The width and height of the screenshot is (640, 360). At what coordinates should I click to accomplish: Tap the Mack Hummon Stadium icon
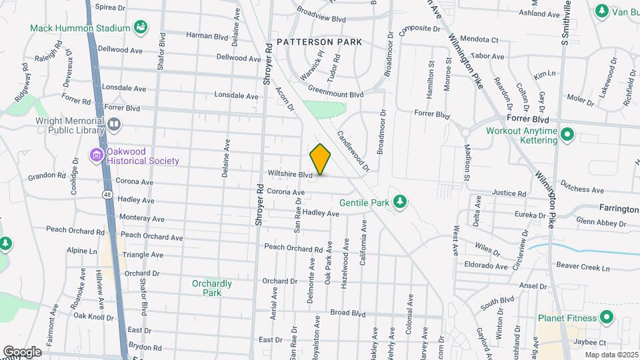(141, 27)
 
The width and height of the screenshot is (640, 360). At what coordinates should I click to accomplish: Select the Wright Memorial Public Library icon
(114, 124)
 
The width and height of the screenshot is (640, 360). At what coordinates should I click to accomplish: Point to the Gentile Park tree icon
(399, 201)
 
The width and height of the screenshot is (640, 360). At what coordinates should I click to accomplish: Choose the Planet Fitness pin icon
(607, 317)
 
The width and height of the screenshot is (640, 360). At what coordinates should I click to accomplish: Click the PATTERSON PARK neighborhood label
(319, 42)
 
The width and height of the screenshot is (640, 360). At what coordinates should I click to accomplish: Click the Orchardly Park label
(211, 288)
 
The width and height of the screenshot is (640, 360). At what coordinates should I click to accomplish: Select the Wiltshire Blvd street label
(290, 175)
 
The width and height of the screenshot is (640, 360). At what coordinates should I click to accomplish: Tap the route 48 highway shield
(107, 194)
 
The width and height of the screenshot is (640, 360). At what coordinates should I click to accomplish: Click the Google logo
(22, 351)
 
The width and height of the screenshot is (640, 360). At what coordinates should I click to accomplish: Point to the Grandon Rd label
(47, 177)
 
